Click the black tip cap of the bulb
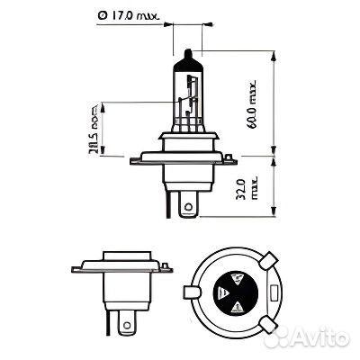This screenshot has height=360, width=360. [x=185, y=59]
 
